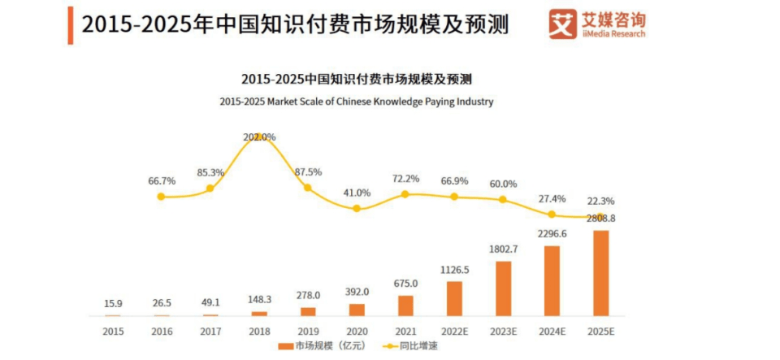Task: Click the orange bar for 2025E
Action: point(600,273)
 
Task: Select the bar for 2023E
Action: point(503,288)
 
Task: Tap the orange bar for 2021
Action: point(405,306)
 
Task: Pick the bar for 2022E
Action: point(454,298)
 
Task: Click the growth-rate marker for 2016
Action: point(161,197)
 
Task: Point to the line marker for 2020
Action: point(356,209)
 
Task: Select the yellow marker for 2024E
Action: point(552,215)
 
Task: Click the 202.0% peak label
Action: point(260,137)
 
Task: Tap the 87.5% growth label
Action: point(308,172)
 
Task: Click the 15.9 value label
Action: point(112,304)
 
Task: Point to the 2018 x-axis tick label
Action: point(259,331)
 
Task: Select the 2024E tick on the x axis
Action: point(552,331)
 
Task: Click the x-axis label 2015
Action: point(113,331)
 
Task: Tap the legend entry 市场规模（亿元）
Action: point(318,346)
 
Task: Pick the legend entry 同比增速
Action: point(410,346)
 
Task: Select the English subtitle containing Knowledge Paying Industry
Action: point(356,102)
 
